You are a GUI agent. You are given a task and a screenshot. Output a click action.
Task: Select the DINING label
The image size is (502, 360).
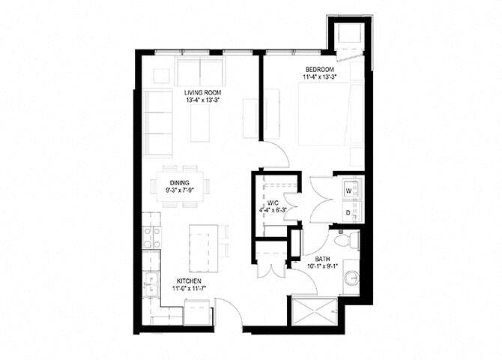tap(179, 182)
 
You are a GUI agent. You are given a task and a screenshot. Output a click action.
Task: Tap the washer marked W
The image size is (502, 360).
tap(348, 190)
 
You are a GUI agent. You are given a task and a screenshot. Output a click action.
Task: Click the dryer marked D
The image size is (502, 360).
tap(348, 212)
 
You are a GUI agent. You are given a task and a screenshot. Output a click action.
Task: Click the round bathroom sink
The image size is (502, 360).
tap(348, 281)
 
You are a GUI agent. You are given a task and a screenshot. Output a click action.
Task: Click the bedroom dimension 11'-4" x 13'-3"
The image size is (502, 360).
tap(321, 76)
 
